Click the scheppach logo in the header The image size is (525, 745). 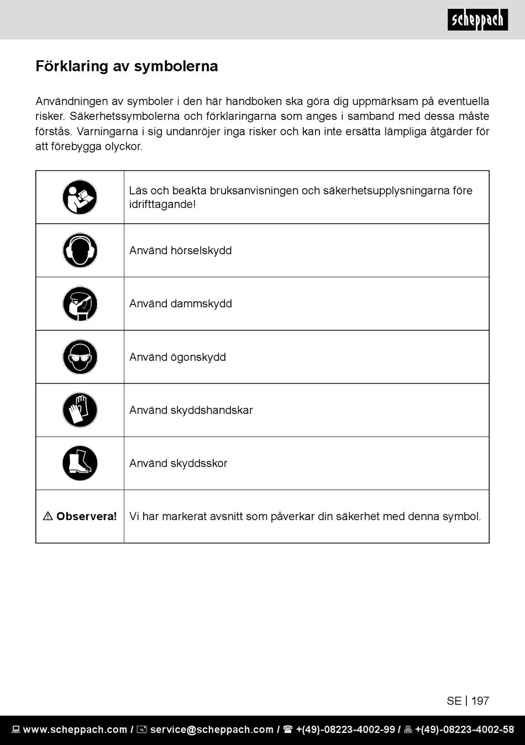pyautogui.click(x=477, y=20)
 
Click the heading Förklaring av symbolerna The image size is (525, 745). pyautogui.click(x=127, y=66)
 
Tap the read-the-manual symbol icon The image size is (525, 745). pyautogui.click(x=80, y=197)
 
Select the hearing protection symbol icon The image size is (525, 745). pyautogui.click(x=80, y=250)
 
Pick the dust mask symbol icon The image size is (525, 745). pyautogui.click(x=80, y=303)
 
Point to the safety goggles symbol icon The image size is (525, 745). pyautogui.click(x=80, y=357)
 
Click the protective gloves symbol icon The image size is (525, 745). pyautogui.click(x=80, y=410)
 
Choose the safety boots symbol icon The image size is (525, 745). pyautogui.click(x=80, y=463)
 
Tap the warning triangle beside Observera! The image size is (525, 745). pyautogui.click(x=48, y=516)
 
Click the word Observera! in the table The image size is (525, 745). pyautogui.click(x=87, y=516)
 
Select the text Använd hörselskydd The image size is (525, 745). pyautogui.click(x=180, y=250)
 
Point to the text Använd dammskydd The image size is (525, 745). pyautogui.click(x=180, y=303)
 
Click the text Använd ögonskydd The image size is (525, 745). pyautogui.click(x=177, y=357)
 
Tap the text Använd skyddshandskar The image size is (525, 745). pyautogui.click(x=191, y=410)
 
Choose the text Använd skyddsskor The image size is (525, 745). pyautogui.click(x=178, y=463)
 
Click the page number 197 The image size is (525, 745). pyautogui.click(x=480, y=701)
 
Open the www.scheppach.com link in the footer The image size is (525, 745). pyautogui.click(x=75, y=730)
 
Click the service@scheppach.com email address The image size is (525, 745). pyautogui.click(x=212, y=730)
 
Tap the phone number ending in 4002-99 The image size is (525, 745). pyautogui.click(x=345, y=730)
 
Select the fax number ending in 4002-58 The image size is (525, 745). pyautogui.click(x=464, y=730)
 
